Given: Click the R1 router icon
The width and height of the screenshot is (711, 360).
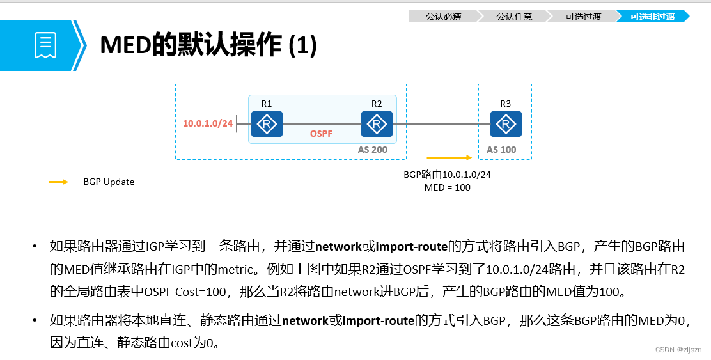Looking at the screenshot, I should click(267, 124).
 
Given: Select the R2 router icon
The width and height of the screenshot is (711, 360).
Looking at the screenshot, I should click(377, 124).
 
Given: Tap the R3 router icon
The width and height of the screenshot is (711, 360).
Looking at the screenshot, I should click(506, 124).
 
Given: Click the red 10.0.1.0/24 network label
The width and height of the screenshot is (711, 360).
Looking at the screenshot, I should click(208, 123).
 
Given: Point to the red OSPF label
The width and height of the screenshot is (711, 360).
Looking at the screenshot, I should click(322, 135).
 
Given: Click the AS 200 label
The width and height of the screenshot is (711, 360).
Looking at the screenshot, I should click(373, 150).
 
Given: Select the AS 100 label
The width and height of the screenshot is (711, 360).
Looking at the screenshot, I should click(501, 150).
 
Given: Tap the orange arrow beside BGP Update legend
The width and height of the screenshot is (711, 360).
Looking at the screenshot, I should click(59, 182).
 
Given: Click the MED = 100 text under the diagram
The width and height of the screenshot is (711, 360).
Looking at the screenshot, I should click(447, 187).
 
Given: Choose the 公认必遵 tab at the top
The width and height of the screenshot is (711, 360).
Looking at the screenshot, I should click(443, 17).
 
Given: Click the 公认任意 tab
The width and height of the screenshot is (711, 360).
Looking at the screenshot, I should click(514, 17).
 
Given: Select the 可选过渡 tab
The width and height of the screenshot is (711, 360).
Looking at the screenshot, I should click(583, 17).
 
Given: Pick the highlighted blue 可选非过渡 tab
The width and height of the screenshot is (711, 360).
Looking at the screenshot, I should click(652, 17).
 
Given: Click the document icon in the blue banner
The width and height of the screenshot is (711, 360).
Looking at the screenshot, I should click(45, 45).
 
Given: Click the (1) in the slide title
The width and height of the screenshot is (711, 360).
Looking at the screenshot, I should click(302, 45).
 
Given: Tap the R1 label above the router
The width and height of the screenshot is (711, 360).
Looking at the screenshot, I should click(267, 104).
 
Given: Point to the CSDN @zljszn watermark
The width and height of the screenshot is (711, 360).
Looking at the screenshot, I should click(678, 350).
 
